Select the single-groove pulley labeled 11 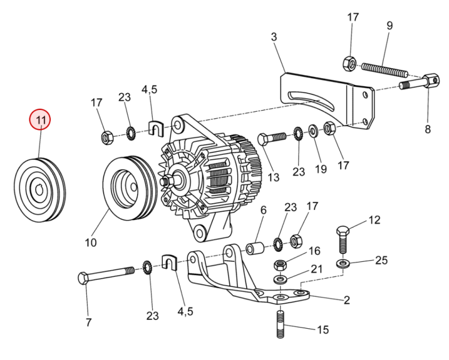(x=40, y=190)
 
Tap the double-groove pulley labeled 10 (x=129, y=185)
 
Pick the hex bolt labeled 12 (x=342, y=242)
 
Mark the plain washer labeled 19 (x=313, y=130)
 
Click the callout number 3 (x=275, y=37)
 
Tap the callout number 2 (x=346, y=300)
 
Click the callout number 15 (x=323, y=330)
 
